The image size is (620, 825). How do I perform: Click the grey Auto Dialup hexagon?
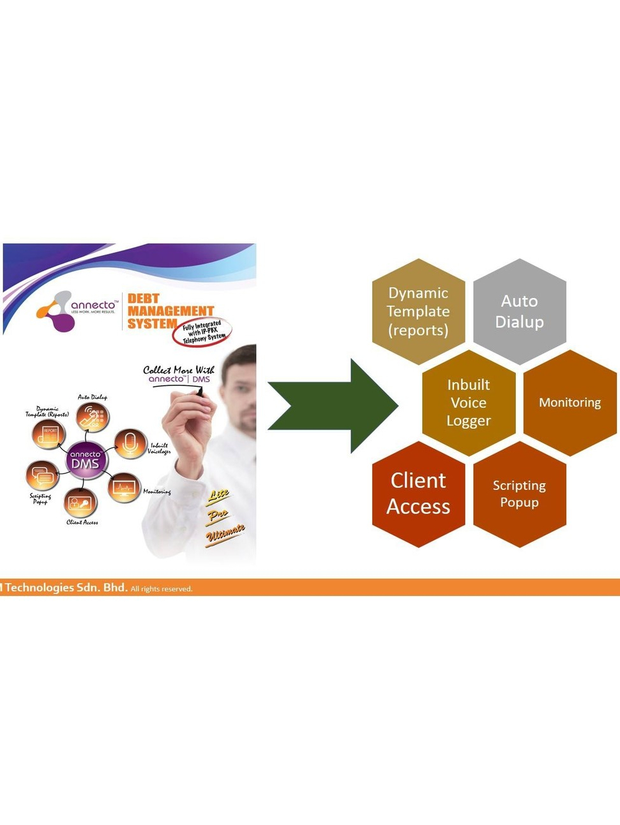click(x=519, y=311)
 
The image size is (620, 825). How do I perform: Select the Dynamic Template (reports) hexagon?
click(x=418, y=311)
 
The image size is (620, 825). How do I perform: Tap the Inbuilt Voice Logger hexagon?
click(x=469, y=403)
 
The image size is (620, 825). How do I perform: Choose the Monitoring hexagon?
click(x=570, y=403)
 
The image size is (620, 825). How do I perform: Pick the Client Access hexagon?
click(x=418, y=494)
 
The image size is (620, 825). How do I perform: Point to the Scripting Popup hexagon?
click(x=519, y=494)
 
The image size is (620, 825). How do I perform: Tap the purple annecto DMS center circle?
click(x=86, y=459)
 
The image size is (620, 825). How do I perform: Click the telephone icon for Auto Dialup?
click(x=92, y=418)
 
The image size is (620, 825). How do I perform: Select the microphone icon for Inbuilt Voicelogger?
click(x=130, y=443)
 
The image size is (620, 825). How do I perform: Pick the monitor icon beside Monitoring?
click(x=124, y=488)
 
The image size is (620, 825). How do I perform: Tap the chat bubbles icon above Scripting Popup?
click(x=42, y=476)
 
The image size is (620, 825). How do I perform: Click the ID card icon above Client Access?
click(x=80, y=503)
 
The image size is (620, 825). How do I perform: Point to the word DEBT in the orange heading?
click(x=143, y=299)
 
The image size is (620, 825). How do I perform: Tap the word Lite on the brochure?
click(x=218, y=494)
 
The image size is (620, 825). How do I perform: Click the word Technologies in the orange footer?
click(x=39, y=588)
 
